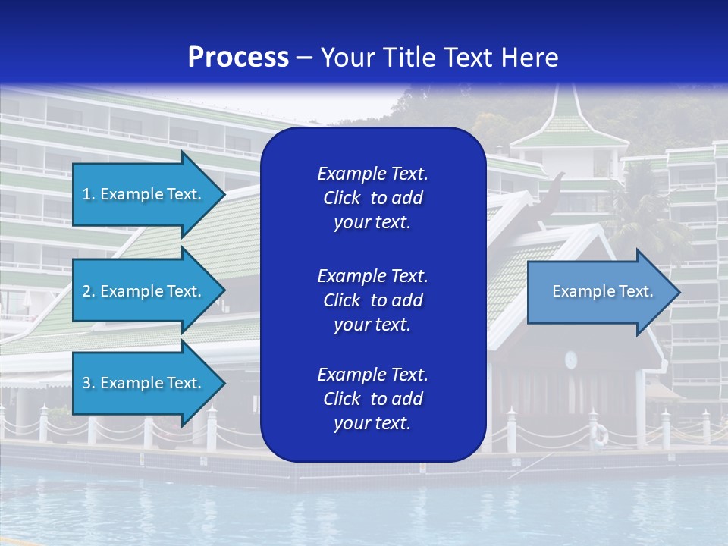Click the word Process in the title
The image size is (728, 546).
click(238, 58)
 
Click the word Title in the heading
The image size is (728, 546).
click(407, 58)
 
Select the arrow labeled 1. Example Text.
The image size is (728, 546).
click(142, 194)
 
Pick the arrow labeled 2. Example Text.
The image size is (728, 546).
click(142, 291)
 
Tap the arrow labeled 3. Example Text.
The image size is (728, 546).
click(142, 383)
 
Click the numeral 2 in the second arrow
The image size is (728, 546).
click(86, 291)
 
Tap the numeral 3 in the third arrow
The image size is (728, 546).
click(86, 383)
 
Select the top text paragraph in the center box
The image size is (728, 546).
click(372, 198)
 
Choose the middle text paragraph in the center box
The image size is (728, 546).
click(372, 300)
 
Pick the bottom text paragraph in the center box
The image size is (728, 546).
click(372, 399)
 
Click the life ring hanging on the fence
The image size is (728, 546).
click(600, 435)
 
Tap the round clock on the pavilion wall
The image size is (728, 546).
click(570, 359)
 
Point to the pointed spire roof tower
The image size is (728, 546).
click(566, 114)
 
